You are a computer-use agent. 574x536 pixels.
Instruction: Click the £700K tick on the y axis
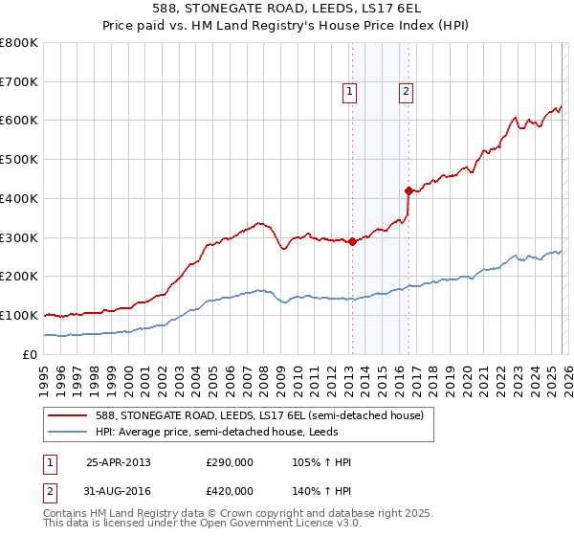19,82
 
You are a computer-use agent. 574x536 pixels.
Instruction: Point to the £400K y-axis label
19,199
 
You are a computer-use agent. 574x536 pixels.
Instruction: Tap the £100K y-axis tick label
19,315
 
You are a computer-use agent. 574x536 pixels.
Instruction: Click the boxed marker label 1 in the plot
349,92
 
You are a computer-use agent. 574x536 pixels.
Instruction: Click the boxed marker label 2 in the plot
406,92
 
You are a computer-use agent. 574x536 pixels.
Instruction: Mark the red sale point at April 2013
352,241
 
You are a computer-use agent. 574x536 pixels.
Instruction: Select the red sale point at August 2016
408,190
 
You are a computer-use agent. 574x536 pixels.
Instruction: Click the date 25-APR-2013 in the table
118,462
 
